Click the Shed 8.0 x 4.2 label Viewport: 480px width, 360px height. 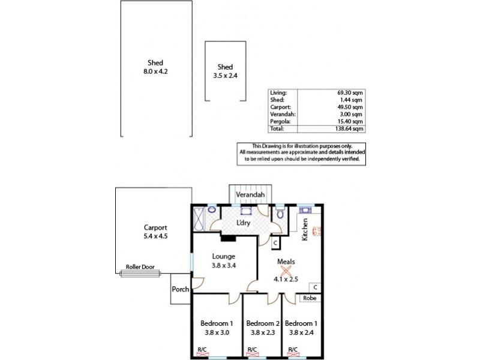(155, 67)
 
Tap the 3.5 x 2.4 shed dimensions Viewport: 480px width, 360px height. (225, 76)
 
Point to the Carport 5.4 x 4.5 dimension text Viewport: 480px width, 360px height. (155, 236)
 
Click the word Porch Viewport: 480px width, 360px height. (181, 289)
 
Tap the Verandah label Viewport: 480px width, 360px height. (250, 196)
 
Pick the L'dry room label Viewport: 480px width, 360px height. (243, 223)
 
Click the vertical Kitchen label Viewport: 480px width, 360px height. (305, 229)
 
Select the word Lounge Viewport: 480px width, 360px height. (223, 256)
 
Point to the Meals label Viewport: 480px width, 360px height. (286, 262)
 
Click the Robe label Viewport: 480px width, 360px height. (309, 298)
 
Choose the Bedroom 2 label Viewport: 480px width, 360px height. (263, 323)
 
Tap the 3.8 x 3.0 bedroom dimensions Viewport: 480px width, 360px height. (216, 332)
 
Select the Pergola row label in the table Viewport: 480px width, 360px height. (280, 121)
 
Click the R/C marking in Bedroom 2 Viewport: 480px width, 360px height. (252, 350)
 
